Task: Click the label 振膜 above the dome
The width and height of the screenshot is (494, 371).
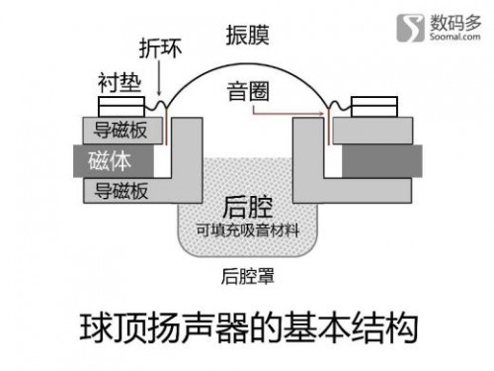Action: click(248, 35)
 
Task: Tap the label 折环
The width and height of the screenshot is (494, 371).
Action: click(160, 48)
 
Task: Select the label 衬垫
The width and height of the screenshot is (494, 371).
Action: click(120, 82)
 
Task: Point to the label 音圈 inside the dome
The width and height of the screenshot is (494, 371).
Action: click(248, 91)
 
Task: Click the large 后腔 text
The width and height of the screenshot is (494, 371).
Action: click(248, 208)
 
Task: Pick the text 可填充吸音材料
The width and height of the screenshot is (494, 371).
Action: click(248, 231)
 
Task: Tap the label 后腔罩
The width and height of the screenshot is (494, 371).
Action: click(248, 276)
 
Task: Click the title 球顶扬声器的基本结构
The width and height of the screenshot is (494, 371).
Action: click(249, 328)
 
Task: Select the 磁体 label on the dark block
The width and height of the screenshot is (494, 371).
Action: click(110, 161)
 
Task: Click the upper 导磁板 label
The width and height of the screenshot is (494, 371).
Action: click(121, 130)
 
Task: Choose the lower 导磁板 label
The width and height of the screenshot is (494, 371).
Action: click(122, 191)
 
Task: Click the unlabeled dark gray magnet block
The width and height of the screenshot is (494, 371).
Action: click(382, 161)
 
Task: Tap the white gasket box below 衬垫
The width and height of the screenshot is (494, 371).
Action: click(122, 107)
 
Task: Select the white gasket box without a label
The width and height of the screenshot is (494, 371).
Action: click(374, 107)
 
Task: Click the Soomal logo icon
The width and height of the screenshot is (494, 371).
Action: click(410, 28)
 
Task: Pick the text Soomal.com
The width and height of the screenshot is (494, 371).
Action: click(454, 36)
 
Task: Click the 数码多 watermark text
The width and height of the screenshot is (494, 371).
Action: click(455, 22)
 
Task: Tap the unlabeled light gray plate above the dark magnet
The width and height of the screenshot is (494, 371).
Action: click(372, 131)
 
